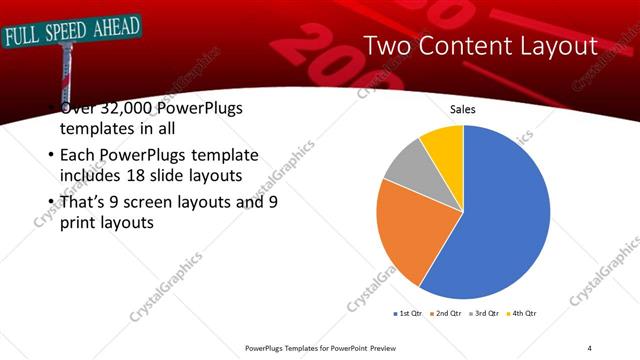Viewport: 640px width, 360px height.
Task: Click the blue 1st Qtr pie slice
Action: point(500,220)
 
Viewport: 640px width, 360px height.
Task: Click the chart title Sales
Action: point(462,109)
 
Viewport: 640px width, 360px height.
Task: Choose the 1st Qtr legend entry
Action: point(409,313)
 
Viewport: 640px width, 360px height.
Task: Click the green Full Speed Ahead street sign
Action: point(71,32)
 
